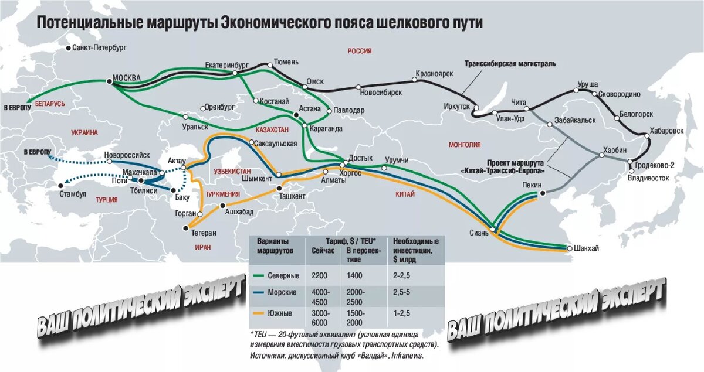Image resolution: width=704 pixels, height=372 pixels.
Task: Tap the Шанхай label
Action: (587, 248)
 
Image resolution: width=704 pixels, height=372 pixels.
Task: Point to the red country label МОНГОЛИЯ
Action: (464, 145)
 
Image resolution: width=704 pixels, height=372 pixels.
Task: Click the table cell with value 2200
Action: (321, 276)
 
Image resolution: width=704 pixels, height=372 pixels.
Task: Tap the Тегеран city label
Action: (204, 233)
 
